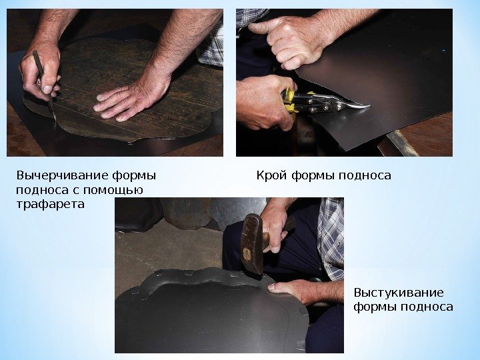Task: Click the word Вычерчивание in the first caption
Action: [61, 176]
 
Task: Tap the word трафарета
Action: [50, 204]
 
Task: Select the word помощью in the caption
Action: [113, 190]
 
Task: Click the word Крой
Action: [271, 176]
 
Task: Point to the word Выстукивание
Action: [399, 293]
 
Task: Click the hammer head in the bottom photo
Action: [251, 243]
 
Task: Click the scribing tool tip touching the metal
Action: [55, 120]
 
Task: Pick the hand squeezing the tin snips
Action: [263, 102]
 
